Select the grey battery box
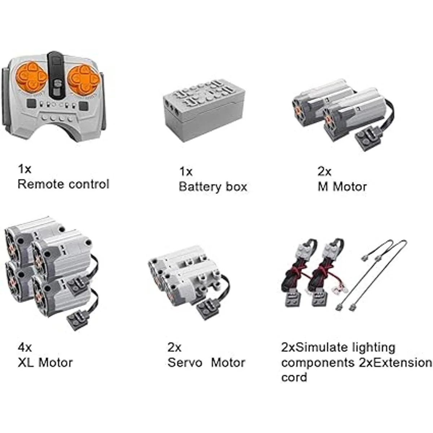tap(204, 110)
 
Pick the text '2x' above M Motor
tap(324, 171)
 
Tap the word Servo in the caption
tap(185, 363)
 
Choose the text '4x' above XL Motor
tap(25, 347)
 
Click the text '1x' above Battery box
tap(186, 172)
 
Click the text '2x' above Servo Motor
tap(174, 347)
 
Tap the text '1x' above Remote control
tap(25, 169)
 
